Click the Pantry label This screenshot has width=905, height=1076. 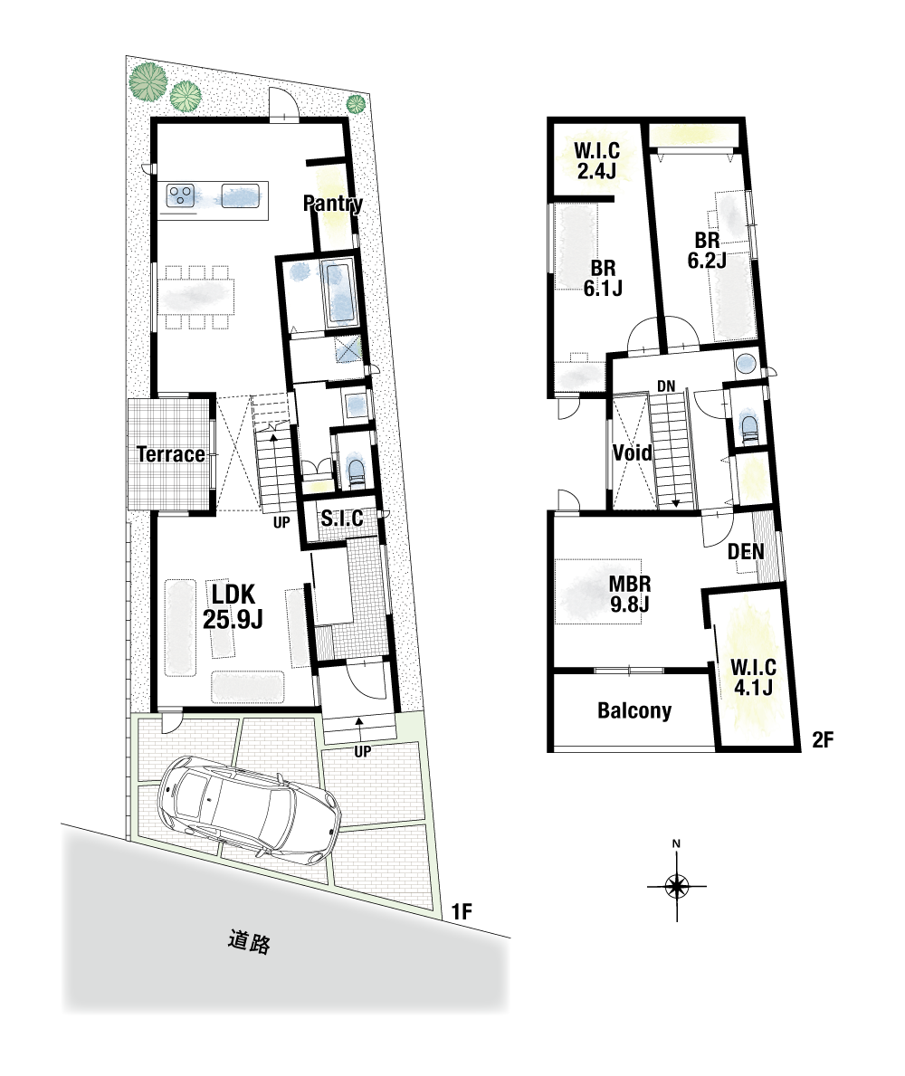pyautogui.click(x=333, y=203)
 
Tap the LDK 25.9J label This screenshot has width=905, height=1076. pyautogui.click(x=233, y=606)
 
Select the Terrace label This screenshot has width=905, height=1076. pyautogui.click(x=171, y=454)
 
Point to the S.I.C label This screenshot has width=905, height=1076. pyautogui.click(x=342, y=519)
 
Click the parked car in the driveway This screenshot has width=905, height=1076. pyautogui.click(x=249, y=809)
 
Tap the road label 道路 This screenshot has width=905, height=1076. pyautogui.click(x=249, y=941)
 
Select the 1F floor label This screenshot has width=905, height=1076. pyautogui.click(x=462, y=911)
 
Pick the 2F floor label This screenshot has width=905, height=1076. pyautogui.click(x=823, y=739)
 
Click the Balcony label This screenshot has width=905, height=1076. pyautogui.click(x=634, y=710)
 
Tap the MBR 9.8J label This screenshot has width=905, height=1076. pyautogui.click(x=631, y=595)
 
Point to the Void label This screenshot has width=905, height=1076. pyautogui.click(x=632, y=452)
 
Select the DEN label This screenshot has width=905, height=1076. pyautogui.click(x=746, y=552)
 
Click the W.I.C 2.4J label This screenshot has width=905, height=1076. pyautogui.click(x=597, y=160)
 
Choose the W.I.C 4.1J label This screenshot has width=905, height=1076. pyautogui.click(x=753, y=677)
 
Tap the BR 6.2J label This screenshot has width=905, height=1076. pyautogui.click(x=707, y=251)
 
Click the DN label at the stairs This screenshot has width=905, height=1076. pyautogui.click(x=666, y=386)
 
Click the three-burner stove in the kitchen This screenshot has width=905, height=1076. pyautogui.click(x=180, y=195)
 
